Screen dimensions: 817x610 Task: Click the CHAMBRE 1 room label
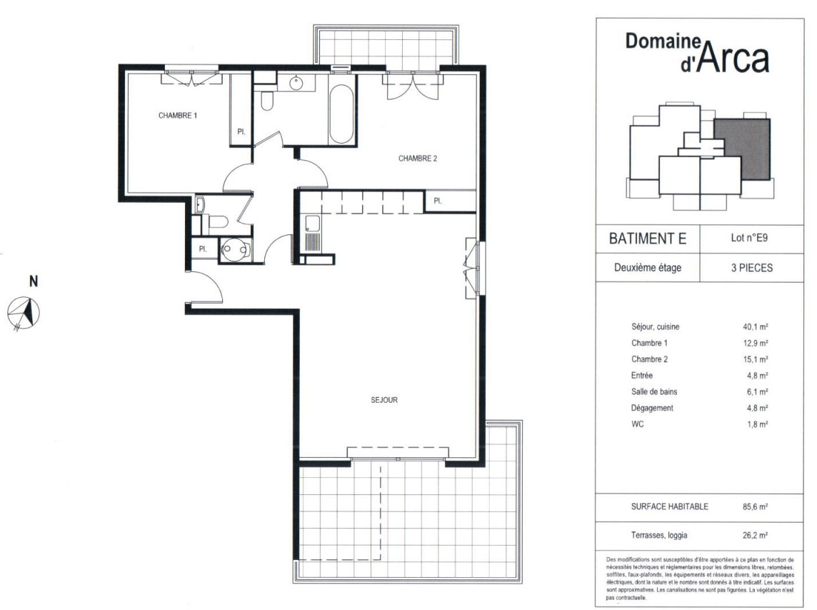click(178, 116)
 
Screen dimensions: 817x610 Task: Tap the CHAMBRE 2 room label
click(417, 159)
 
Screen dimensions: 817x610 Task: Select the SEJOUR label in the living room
click(384, 400)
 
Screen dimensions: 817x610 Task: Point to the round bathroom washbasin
click(296, 83)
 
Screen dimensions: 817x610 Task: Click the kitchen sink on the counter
click(312, 224)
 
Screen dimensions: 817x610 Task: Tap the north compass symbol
click(24, 314)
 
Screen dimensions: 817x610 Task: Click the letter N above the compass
click(34, 281)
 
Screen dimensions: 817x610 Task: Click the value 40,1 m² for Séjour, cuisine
click(755, 327)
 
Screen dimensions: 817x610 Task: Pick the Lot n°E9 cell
click(748, 238)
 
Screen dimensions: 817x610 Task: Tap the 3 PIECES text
click(752, 268)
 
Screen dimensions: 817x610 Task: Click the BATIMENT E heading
click(648, 239)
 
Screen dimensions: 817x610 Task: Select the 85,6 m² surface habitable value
click(755, 506)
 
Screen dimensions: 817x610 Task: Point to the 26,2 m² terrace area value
click(755, 535)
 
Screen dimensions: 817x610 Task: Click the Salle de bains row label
click(654, 391)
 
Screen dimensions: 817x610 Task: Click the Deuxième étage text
click(648, 268)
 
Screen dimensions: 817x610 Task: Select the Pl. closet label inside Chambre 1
click(241, 132)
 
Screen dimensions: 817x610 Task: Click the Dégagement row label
click(652, 408)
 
